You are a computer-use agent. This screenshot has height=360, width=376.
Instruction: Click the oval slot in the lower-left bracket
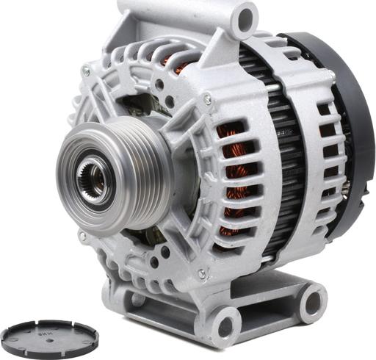point(137,298)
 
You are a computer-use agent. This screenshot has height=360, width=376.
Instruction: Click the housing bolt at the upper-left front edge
point(86,71)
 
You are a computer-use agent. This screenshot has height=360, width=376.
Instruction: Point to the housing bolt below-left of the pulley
point(83,237)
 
